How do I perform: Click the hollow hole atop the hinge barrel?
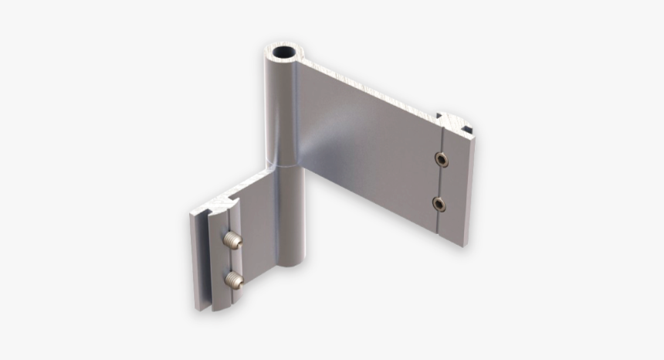point(284,56)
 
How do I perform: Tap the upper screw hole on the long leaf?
point(440,160)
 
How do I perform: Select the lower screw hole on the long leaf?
point(439,204)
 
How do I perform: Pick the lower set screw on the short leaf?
point(233,279)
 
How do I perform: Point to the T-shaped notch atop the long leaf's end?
point(454,121)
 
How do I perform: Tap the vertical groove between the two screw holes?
point(440,182)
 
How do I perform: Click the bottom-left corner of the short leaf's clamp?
point(198,307)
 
